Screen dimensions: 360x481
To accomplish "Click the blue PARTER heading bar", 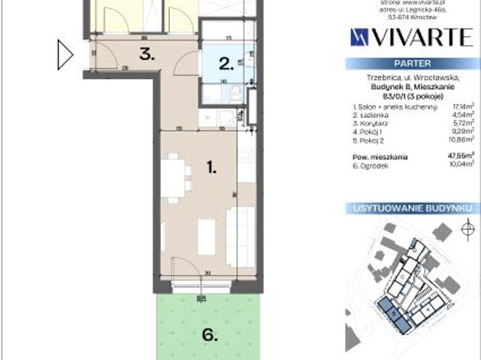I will pos(412,65).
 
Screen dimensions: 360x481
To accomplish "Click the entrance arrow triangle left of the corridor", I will pos(65,54).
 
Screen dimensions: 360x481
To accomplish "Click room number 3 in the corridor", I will pos(147,54).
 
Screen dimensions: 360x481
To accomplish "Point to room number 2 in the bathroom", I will pos(224,64).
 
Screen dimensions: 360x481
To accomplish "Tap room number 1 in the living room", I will pos(213,169).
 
